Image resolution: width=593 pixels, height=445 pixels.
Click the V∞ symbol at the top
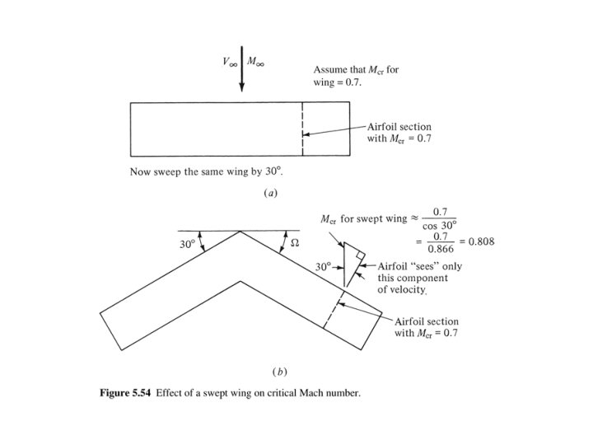pyautogui.click(x=226, y=63)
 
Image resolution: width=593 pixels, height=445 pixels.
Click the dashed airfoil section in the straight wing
pyautogui.click(x=302, y=129)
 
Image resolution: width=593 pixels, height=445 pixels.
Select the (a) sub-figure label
pyautogui.click(x=269, y=193)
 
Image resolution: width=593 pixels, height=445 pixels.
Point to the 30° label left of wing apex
pyautogui.click(x=189, y=245)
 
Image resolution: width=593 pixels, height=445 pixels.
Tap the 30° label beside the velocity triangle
pyautogui.click(x=324, y=266)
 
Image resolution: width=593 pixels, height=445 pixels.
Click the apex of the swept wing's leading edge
pyautogui.click(x=240, y=232)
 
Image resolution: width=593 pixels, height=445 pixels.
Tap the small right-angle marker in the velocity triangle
pyautogui.click(x=360, y=256)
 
